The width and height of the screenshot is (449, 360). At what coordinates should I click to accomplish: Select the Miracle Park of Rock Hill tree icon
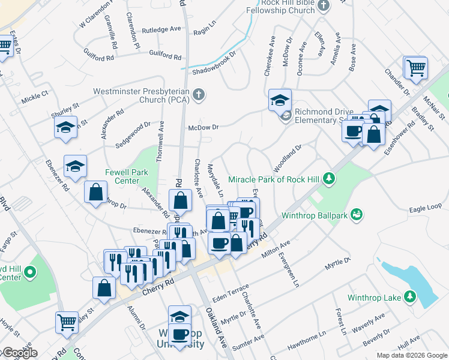pyautogui.click(x=328, y=178)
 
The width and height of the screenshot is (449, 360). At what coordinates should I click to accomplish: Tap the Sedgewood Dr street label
pyautogui.click(x=133, y=131)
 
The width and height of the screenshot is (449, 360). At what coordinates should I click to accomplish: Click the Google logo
pyautogui.click(x=19, y=353)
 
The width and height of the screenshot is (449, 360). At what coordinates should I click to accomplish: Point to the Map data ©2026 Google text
pyautogui.click(x=411, y=355)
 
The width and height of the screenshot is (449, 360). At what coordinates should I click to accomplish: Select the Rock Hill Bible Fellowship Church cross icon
pyautogui.click(x=324, y=6)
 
